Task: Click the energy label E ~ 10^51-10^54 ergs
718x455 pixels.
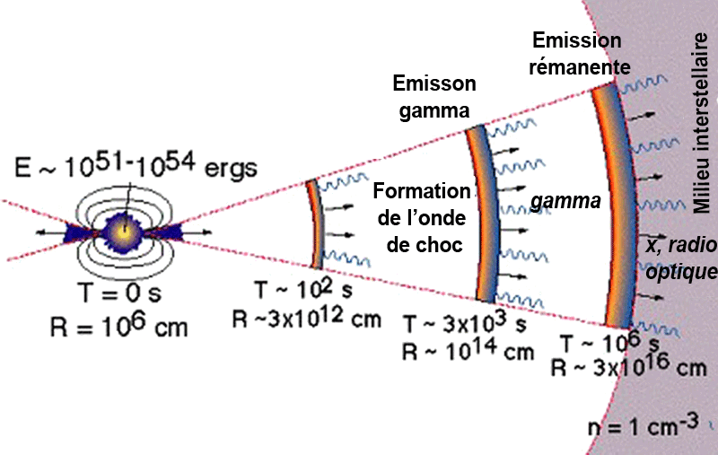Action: coord(136,167)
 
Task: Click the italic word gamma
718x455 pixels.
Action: coord(565,203)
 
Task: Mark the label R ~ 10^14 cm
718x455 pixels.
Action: coord(468,351)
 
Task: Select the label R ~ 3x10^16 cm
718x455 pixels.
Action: coord(629,368)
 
